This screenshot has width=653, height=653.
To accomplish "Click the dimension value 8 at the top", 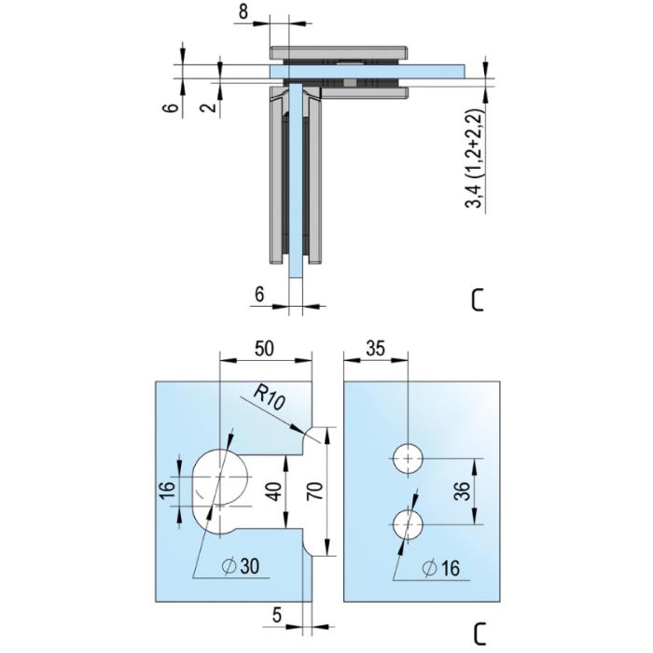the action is click(243, 11).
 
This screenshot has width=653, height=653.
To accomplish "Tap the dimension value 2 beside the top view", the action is click(210, 106).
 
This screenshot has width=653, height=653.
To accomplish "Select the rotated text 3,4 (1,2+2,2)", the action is click(476, 159).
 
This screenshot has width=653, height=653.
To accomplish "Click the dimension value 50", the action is click(264, 349).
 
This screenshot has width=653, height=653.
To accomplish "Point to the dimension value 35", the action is click(375, 349).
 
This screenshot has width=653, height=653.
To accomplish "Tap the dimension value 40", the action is click(274, 491).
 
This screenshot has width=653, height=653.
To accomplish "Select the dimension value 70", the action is click(315, 491).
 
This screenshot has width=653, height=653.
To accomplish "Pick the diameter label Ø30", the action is click(241, 566).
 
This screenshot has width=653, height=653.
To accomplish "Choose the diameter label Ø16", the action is click(440, 568).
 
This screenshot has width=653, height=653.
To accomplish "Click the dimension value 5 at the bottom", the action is click(277, 615).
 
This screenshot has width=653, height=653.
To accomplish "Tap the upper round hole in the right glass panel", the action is click(409, 459).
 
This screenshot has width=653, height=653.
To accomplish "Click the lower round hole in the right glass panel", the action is click(409, 524).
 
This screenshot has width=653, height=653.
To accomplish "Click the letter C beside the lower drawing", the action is click(479, 634).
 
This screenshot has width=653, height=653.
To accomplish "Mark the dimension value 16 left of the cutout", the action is click(168, 492).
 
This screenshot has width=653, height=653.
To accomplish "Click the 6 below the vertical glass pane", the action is click(259, 295).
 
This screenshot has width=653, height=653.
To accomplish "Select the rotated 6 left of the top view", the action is click(170, 106).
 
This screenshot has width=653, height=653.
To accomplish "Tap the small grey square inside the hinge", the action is click(350, 83).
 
